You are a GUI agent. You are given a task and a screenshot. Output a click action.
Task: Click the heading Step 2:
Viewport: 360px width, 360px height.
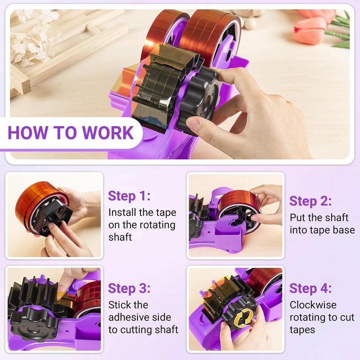click(310, 201)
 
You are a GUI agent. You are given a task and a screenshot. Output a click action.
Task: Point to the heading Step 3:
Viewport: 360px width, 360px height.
click(129, 288)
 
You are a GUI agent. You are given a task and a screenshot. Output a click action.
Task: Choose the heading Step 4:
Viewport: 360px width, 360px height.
click(310, 288)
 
